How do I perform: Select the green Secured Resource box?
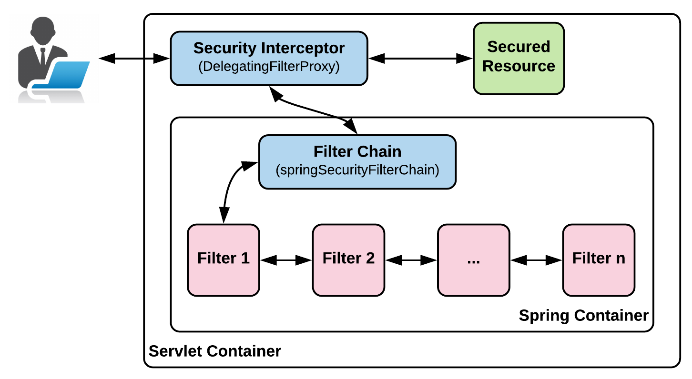(519, 58)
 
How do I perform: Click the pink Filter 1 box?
(223, 260)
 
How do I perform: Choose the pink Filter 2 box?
(348, 260)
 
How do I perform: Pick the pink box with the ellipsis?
(473, 260)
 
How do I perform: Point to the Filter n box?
(599, 260)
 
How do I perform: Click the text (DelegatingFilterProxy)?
(269, 67)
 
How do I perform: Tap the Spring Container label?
(583, 316)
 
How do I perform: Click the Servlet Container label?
(215, 351)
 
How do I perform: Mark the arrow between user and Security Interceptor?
(134, 59)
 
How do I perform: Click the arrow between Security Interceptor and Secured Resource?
(420, 59)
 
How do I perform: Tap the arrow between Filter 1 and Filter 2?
(286, 260)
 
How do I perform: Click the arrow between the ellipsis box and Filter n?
(536, 260)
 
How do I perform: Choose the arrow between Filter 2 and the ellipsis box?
(411, 260)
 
